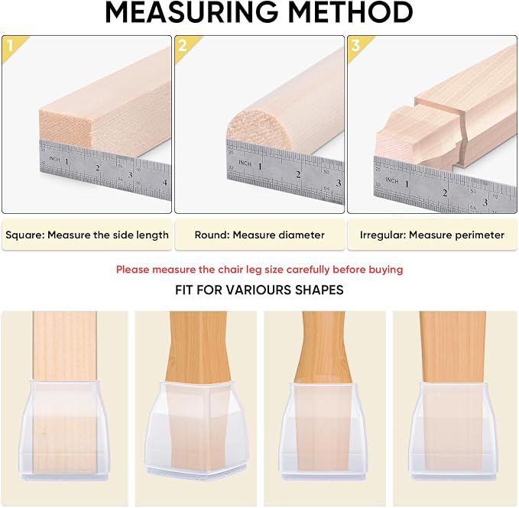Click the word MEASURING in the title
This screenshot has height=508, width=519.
coord(192,12)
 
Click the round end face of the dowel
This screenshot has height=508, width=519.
coord(260,128)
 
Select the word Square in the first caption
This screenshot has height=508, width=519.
coord(24,235)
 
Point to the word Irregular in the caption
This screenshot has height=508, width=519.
coord(383,235)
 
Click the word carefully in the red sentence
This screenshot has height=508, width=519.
coord(308,270)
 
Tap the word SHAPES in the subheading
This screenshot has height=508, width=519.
coord(319,290)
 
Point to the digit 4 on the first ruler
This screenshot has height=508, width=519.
coord(164,183)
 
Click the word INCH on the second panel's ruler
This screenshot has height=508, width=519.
coord(245,163)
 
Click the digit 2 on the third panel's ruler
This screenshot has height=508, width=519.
coord(445,193)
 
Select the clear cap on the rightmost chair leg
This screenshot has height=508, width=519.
coord(453,431)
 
